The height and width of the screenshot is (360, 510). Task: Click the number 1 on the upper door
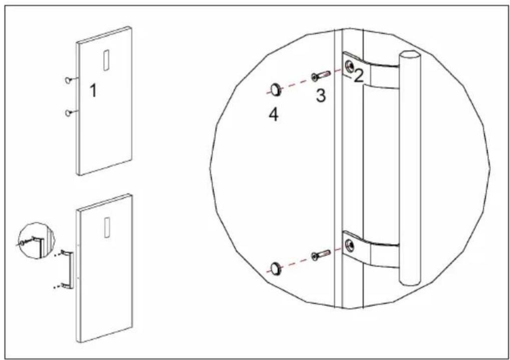tap(93, 90)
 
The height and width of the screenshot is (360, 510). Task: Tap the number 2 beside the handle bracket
tap(358, 76)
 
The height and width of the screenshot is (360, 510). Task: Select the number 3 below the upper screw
tap(321, 95)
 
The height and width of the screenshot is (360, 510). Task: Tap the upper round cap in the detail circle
tap(275, 89)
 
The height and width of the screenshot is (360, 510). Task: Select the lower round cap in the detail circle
tap(275, 268)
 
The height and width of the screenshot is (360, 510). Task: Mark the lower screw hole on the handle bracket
tap(350, 245)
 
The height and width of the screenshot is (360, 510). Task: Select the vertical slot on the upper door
tap(106, 60)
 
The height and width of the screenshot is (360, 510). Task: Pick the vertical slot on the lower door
tap(106, 227)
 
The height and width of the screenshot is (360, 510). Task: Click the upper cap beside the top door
tap(68, 80)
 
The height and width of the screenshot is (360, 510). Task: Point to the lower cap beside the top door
tap(68, 113)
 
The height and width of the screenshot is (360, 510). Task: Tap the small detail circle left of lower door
tap(36, 241)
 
